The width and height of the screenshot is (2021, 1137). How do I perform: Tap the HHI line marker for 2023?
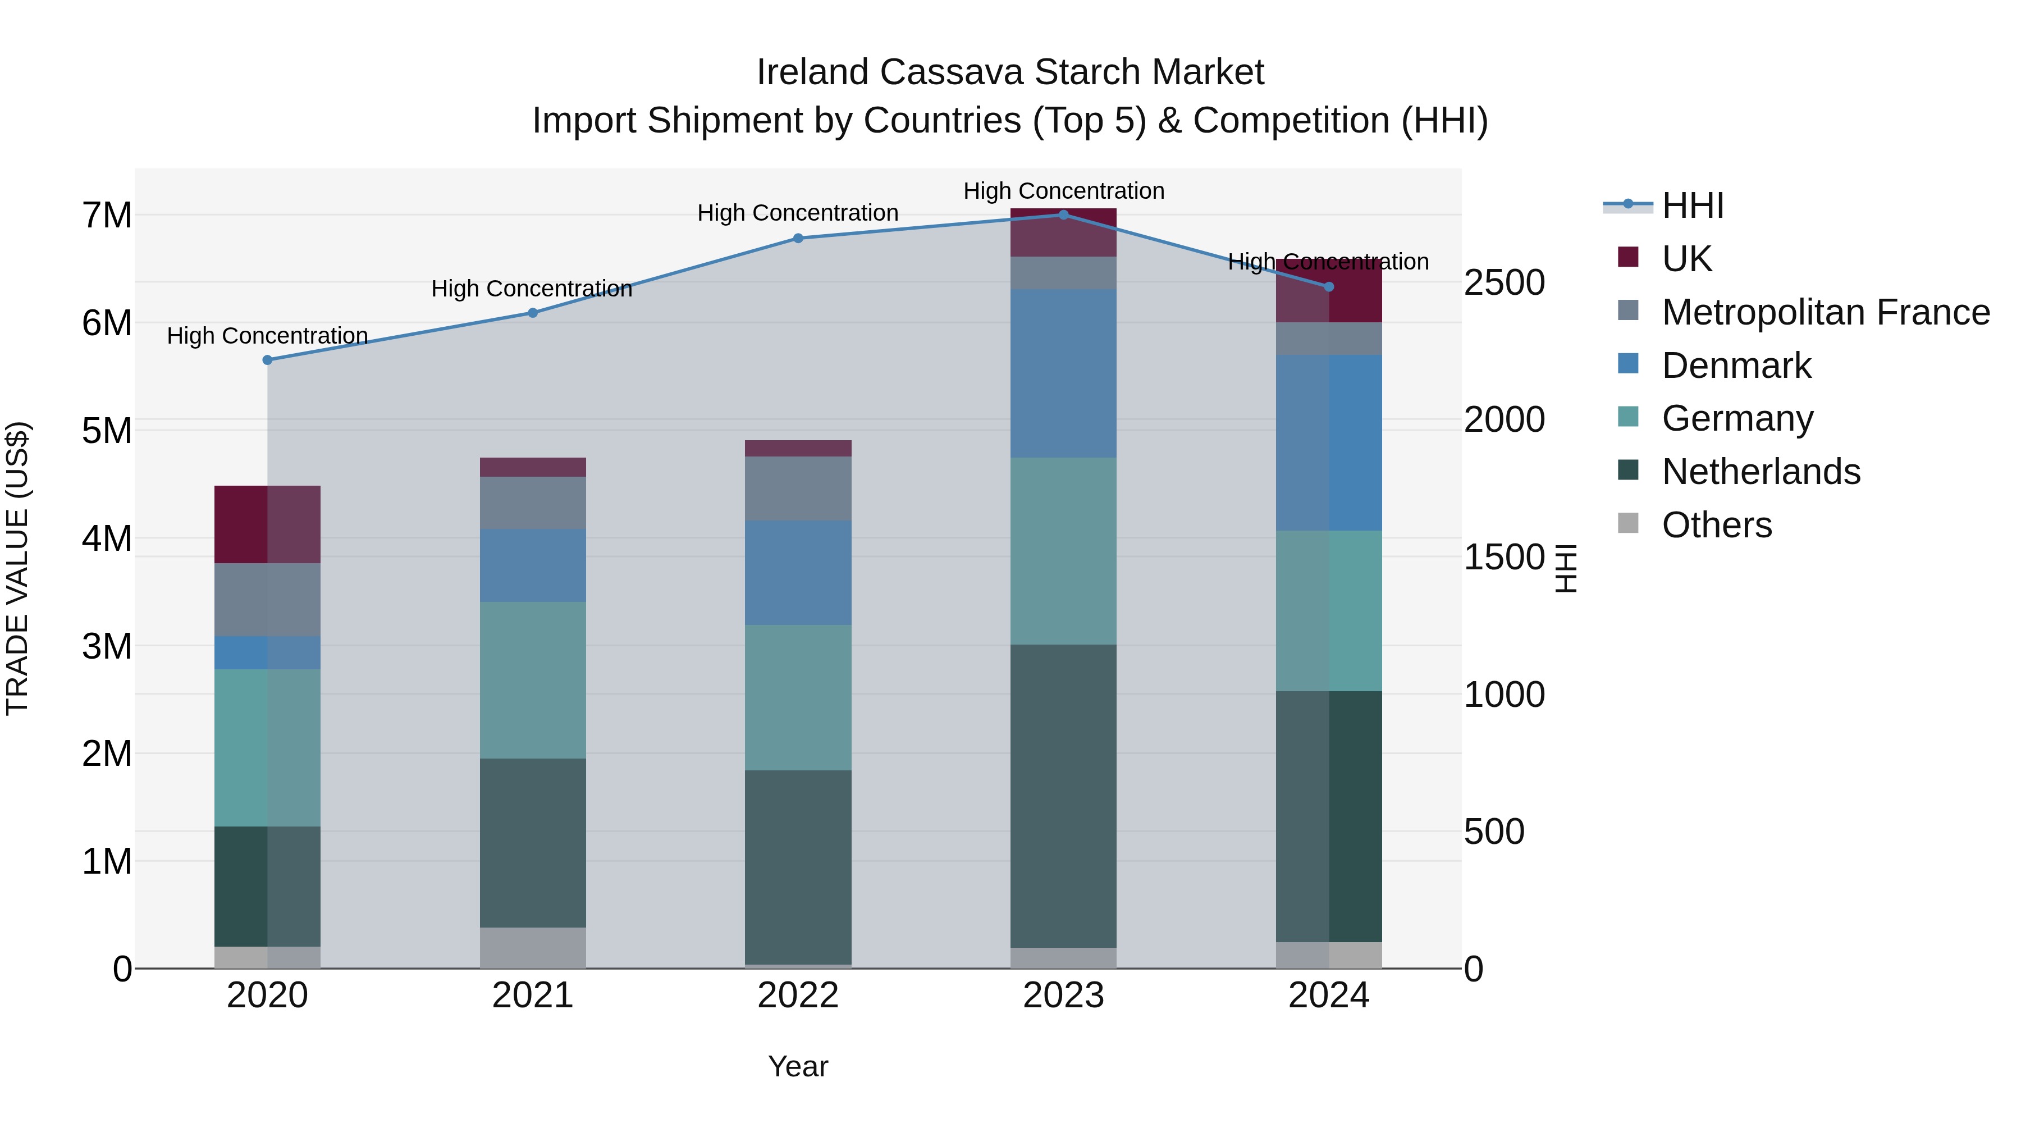[1063, 215]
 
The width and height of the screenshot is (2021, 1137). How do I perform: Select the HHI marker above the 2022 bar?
[798, 239]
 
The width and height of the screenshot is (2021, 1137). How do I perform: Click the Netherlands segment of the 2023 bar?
[1063, 796]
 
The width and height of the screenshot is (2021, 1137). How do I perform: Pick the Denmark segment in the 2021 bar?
[533, 566]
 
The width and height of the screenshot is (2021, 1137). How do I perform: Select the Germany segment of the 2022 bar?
[798, 697]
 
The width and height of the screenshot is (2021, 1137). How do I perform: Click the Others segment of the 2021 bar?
[533, 948]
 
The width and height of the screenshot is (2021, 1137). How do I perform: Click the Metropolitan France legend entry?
[1825, 312]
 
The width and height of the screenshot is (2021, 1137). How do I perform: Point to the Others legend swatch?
[1628, 523]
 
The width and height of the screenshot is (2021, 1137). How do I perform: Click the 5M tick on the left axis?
[107, 431]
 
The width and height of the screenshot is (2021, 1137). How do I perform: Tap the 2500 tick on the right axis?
[1504, 284]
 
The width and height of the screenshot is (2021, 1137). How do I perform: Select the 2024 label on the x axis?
[1328, 996]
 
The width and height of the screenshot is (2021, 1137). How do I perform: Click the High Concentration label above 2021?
[532, 289]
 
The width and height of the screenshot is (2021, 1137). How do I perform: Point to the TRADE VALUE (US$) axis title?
[17, 568]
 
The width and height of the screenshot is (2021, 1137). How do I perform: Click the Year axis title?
[798, 1066]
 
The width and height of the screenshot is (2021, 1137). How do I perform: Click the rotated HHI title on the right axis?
[1565, 568]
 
